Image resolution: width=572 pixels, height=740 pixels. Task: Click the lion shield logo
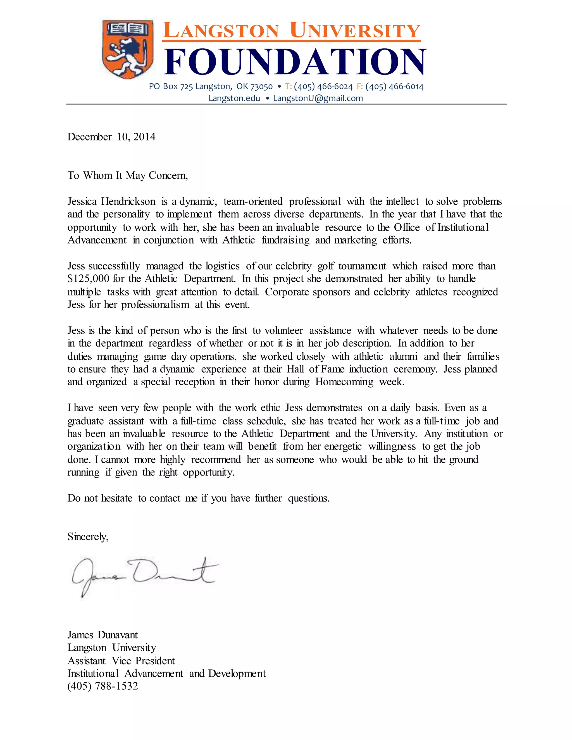click(x=127, y=49)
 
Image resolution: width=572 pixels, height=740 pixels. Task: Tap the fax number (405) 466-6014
click(x=394, y=87)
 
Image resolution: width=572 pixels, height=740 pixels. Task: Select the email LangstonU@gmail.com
click(x=318, y=98)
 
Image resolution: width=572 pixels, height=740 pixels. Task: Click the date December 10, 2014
click(x=111, y=137)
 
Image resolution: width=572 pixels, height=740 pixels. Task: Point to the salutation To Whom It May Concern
click(x=127, y=176)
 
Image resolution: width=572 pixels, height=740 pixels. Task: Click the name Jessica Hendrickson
click(x=111, y=202)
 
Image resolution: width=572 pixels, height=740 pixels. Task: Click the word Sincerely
click(x=87, y=537)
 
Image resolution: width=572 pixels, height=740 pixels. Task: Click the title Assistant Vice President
click(x=121, y=661)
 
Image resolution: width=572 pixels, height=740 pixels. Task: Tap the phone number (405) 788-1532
click(x=103, y=686)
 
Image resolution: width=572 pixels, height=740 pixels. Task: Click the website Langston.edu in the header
click(x=234, y=98)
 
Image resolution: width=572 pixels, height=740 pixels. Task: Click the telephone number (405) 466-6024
click(x=323, y=87)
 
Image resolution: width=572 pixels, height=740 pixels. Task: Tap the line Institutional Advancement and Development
click(x=166, y=674)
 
